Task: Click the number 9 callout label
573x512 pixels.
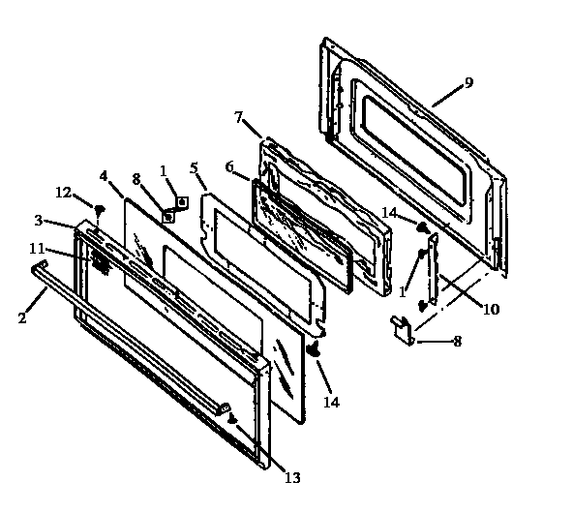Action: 468,83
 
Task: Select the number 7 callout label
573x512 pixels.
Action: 239,117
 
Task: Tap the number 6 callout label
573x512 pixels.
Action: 229,167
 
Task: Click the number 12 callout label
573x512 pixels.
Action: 63,192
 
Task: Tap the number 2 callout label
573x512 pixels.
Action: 21,316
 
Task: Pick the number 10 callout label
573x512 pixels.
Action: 492,310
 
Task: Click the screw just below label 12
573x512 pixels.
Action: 99,208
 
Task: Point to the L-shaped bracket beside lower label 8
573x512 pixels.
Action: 400,329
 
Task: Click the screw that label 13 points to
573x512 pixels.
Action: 232,418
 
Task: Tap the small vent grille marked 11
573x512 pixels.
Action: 98,259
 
